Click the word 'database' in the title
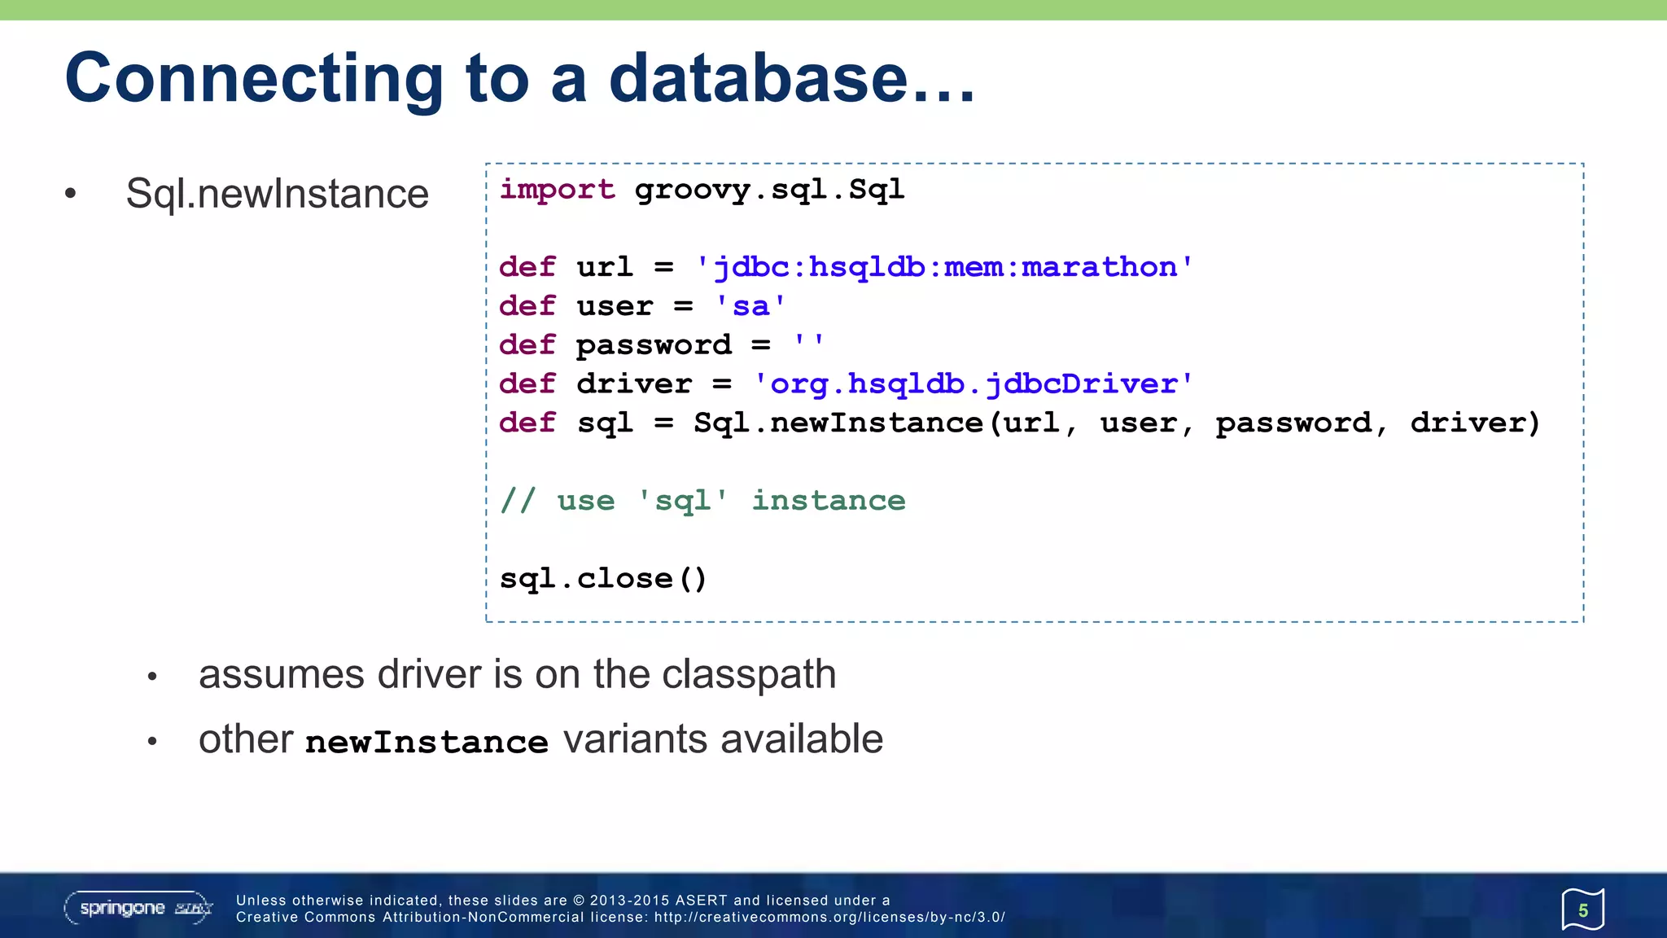click(759, 78)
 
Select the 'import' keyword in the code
click(557, 190)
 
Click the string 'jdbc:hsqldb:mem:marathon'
click(944, 267)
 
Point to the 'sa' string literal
click(750, 306)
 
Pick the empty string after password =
click(809, 344)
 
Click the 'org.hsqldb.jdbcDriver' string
click(974, 384)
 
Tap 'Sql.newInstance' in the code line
click(838, 423)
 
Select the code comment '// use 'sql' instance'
click(702, 500)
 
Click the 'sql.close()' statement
click(603, 578)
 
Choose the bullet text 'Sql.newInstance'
click(277, 194)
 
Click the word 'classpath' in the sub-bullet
click(749, 675)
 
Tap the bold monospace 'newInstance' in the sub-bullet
click(427, 742)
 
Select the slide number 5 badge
click(1582, 910)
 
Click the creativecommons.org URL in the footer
click(829, 917)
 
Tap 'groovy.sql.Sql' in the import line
click(769, 190)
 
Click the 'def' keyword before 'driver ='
click(527, 384)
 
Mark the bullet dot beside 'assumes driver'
click(152, 677)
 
